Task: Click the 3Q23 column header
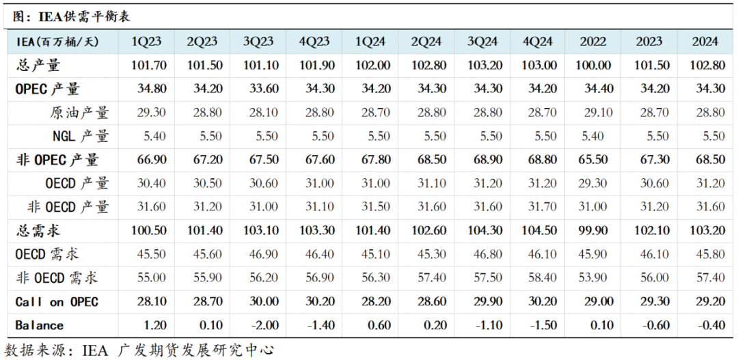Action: [258, 42]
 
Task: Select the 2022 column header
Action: [592, 42]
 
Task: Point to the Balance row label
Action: [39, 325]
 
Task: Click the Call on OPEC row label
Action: [57, 302]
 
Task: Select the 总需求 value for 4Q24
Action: [539, 231]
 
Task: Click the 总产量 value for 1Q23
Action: [149, 65]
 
